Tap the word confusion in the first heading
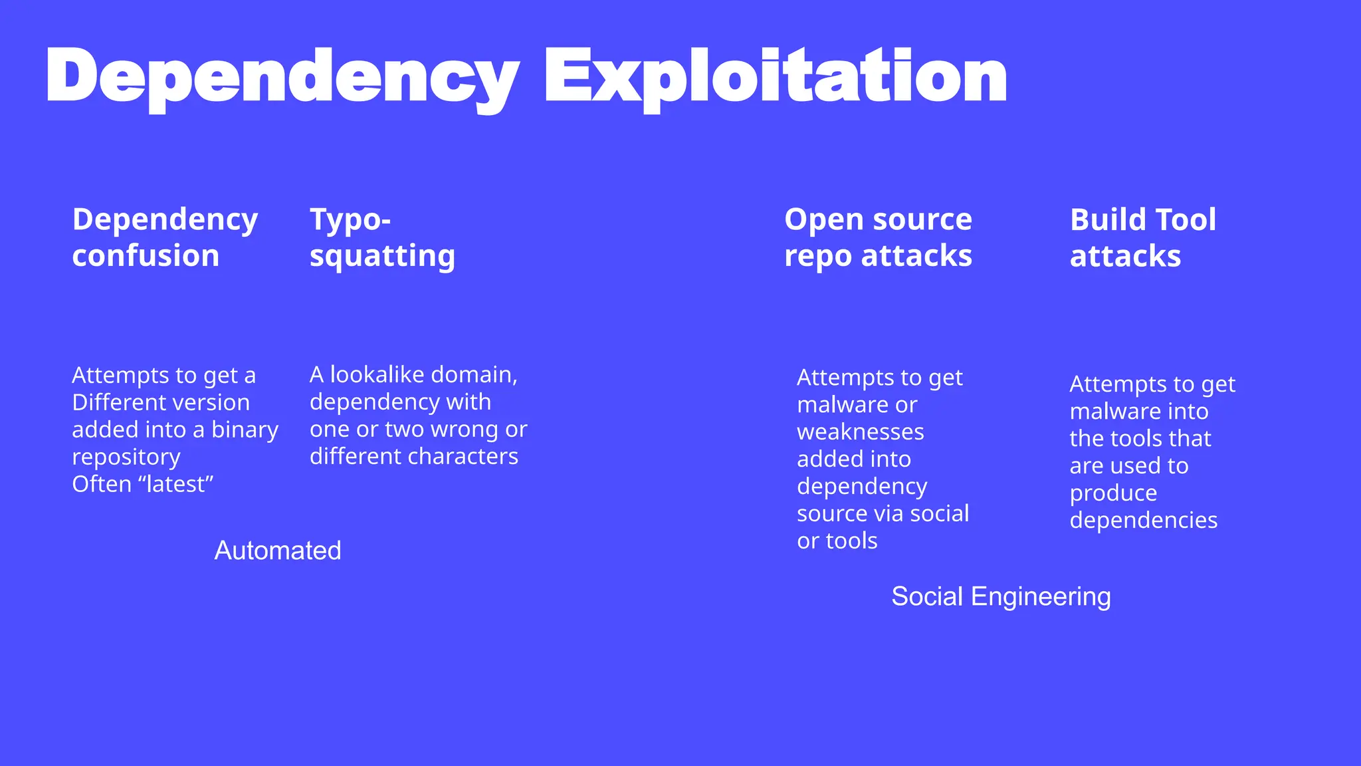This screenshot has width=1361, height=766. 146,256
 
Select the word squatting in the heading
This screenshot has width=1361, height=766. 382,256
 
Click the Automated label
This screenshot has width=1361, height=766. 278,551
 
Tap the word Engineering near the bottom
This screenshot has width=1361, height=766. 1041,596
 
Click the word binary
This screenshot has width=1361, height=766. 245,430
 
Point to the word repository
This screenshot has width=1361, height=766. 126,457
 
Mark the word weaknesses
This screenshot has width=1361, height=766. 860,432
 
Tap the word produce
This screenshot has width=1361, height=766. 1113,493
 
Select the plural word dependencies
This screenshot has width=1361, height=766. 1143,521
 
